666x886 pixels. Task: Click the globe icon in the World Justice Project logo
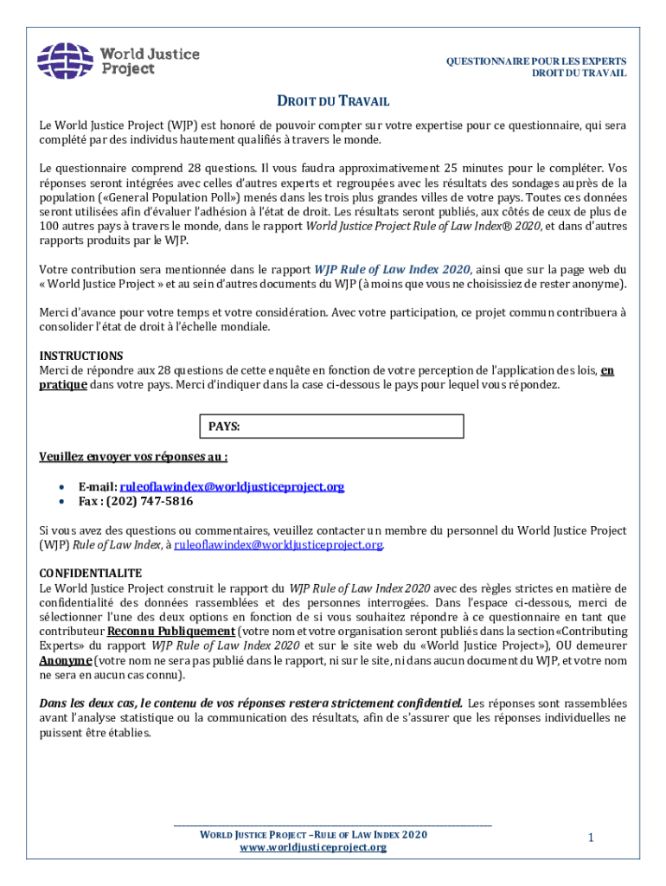coord(66,60)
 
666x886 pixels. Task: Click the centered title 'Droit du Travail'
coord(333,101)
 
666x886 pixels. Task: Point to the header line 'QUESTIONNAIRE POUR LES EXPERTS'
coord(535,61)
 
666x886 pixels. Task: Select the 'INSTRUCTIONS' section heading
coord(81,356)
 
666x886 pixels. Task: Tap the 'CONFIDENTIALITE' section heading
coord(91,574)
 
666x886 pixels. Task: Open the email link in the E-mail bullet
coord(232,486)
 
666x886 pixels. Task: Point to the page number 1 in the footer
coord(590,838)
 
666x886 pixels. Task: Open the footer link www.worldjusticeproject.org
coord(312,847)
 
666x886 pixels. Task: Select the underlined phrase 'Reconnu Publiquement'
coord(170,631)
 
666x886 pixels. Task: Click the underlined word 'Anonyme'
coord(65,659)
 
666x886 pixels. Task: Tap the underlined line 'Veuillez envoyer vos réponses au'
coord(133,457)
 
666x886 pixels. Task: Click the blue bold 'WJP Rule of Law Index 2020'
coord(392,269)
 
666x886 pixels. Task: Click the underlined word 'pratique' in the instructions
coord(62,385)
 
